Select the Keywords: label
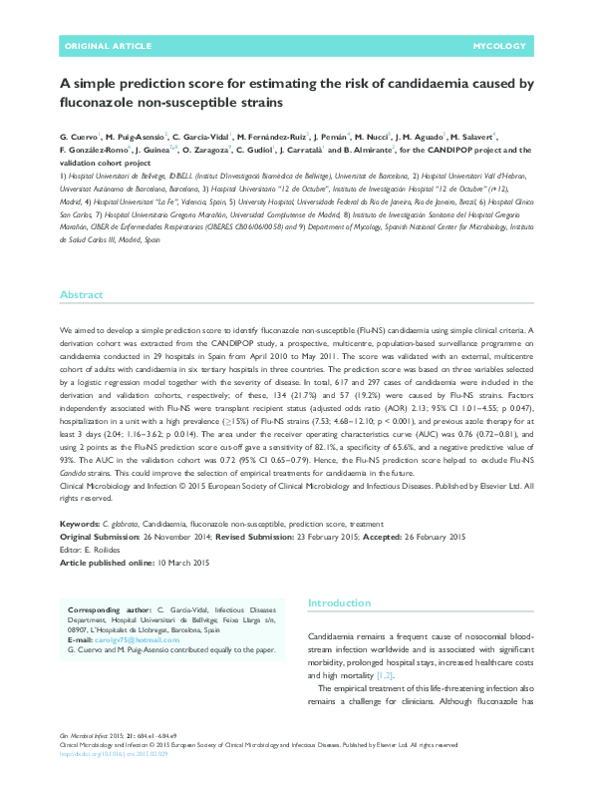pos(79,523)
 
